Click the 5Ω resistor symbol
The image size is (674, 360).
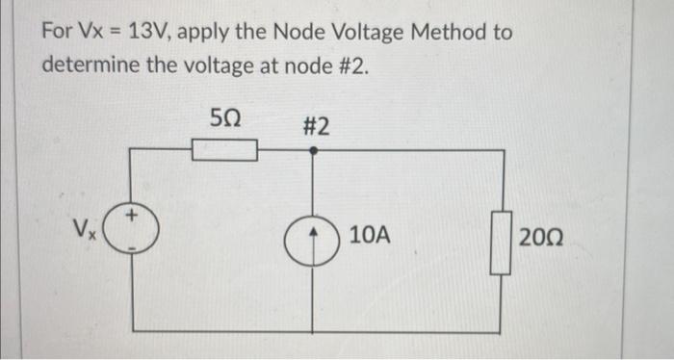[224, 150]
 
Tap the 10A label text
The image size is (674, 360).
[371, 234]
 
